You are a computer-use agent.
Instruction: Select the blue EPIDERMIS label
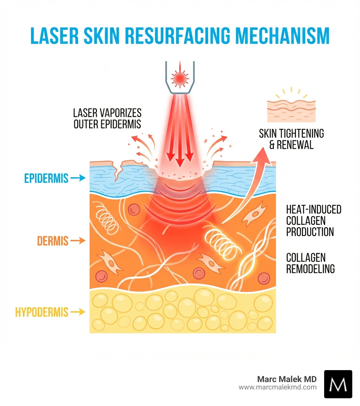[x=46, y=178]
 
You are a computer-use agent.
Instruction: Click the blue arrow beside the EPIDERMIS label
[x=78, y=178]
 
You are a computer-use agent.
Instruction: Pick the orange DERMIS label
[x=52, y=241]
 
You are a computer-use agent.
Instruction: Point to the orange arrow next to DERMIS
[x=78, y=241]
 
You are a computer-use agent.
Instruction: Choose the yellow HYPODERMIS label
[x=41, y=312]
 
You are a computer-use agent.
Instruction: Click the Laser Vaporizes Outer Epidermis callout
[x=107, y=119]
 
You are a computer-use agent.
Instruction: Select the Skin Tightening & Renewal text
[x=291, y=139]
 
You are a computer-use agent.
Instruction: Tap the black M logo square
[x=338, y=384]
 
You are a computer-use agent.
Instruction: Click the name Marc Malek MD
[x=287, y=379]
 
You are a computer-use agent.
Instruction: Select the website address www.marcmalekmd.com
[x=277, y=387]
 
